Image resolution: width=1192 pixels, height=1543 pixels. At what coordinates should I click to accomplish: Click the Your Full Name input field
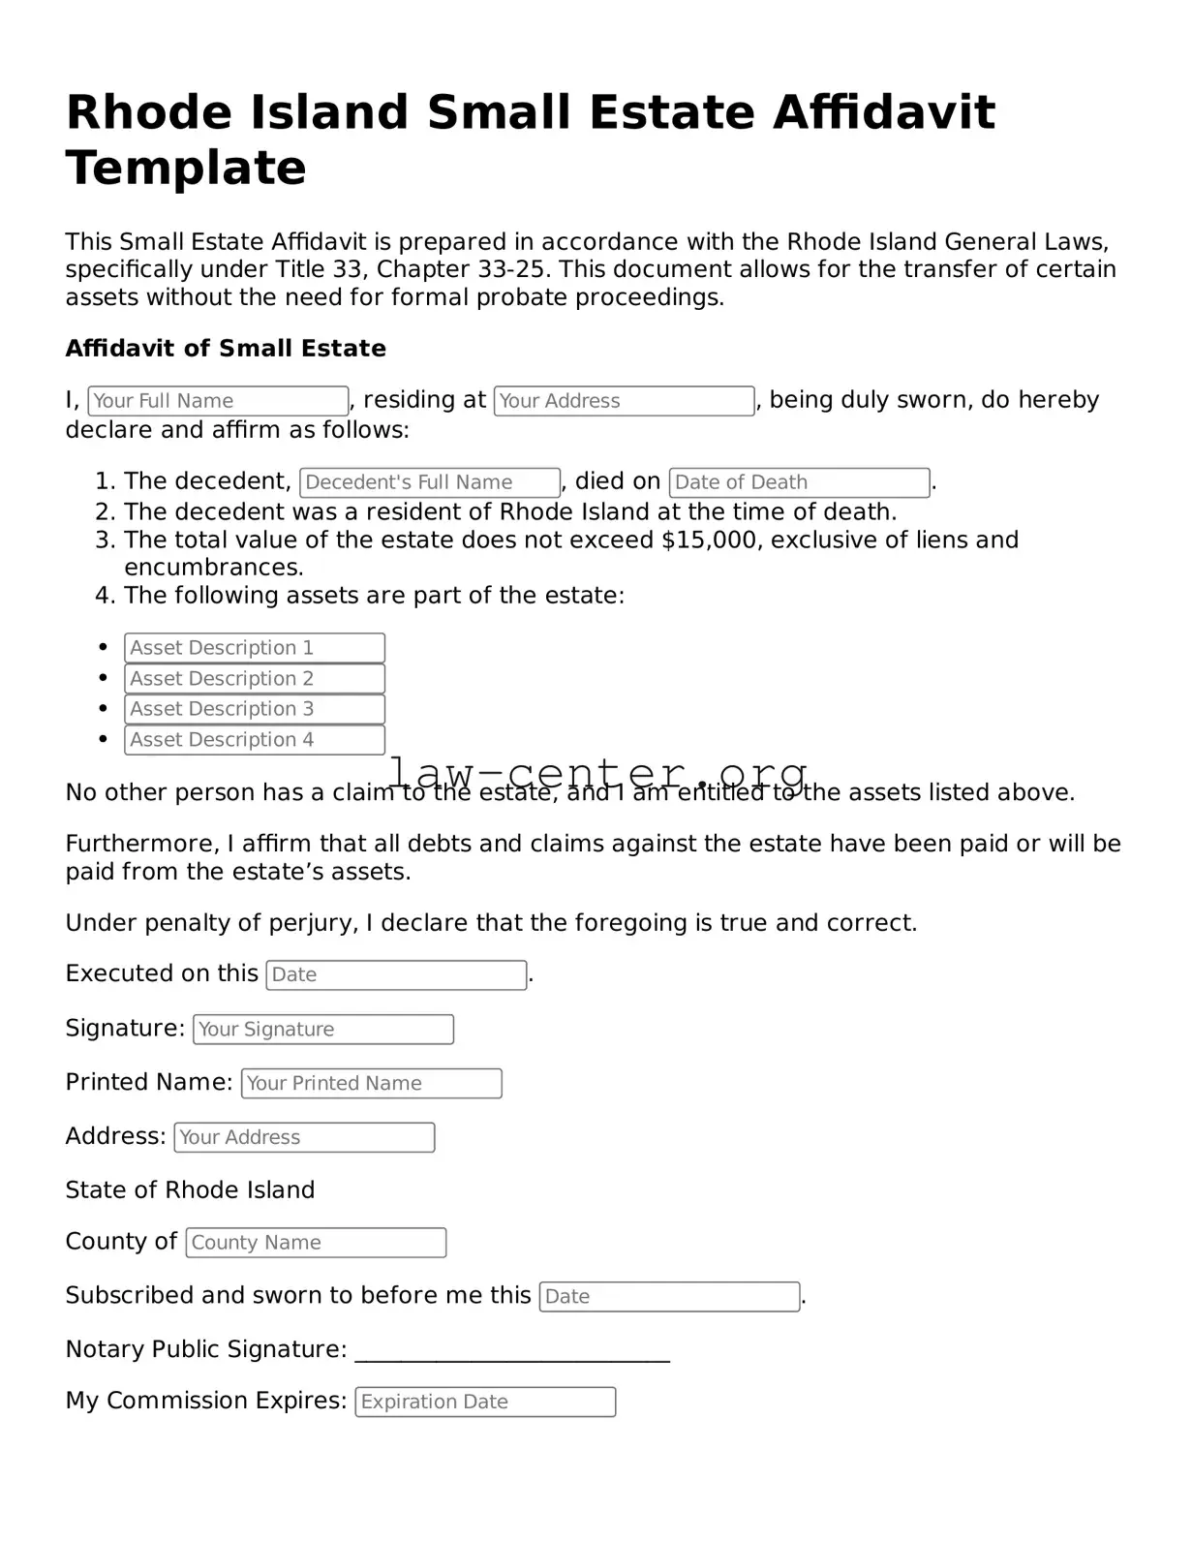218,401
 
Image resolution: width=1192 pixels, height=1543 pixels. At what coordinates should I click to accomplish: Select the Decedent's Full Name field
430,482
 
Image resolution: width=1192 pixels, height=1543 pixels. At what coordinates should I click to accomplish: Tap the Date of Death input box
799,482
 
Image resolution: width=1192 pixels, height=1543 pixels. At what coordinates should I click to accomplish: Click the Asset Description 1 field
255,648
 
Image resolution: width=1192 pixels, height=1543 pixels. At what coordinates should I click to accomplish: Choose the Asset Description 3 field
255,709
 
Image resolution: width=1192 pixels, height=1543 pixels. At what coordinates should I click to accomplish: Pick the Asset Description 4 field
255,740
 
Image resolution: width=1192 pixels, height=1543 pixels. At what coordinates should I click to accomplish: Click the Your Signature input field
323,1030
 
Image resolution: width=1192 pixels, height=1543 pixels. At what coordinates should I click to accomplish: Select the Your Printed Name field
372,1084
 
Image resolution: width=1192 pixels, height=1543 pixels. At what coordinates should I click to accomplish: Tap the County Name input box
316,1243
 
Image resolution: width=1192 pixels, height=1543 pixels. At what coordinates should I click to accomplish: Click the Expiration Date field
485,1403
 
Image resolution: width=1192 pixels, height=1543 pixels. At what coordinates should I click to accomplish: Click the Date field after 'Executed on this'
396,975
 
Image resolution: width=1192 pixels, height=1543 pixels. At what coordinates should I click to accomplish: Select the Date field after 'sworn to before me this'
669,1297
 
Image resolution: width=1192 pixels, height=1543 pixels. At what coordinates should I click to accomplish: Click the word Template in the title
186,168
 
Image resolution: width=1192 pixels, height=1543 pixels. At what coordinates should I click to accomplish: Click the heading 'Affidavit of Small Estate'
226,349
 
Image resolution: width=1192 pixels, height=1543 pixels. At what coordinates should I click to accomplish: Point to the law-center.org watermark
597,772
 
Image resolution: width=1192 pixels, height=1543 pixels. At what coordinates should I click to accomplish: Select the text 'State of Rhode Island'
190,1190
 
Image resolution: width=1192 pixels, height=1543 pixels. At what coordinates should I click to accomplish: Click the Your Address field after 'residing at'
624,401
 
